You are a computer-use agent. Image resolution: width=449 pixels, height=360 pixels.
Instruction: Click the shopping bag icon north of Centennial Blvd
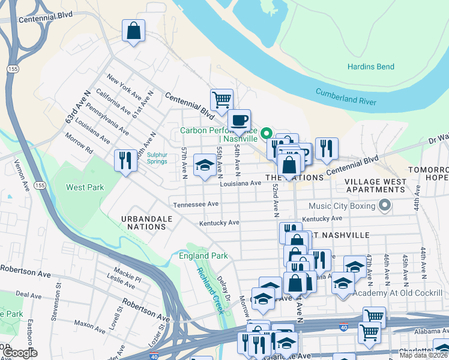pyautogui.click(x=133, y=31)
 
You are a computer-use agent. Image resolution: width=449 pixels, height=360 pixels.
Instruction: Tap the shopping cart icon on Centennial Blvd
pyautogui.click(x=221, y=100)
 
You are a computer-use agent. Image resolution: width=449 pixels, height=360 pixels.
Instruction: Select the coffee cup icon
pyautogui.click(x=240, y=120)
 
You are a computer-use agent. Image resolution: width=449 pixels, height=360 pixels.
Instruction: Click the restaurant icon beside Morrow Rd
pyautogui.click(x=125, y=160)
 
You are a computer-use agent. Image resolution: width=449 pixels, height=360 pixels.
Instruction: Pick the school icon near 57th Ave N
pyautogui.click(x=205, y=165)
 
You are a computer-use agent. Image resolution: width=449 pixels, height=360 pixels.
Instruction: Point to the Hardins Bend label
pyautogui.click(x=370, y=67)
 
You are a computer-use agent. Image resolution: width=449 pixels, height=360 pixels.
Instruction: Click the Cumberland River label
pyautogui.click(x=346, y=97)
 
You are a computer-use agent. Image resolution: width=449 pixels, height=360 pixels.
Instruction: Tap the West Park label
pyautogui.click(x=85, y=187)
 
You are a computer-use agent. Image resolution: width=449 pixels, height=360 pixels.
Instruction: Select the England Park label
pyautogui.click(x=203, y=256)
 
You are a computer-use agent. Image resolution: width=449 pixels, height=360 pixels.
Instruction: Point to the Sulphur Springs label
pyautogui.click(x=157, y=157)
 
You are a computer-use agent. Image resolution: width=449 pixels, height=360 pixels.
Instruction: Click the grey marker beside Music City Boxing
pyautogui.click(x=385, y=206)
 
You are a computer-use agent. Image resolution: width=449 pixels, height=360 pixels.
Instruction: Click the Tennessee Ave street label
pyautogui.click(x=196, y=205)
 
